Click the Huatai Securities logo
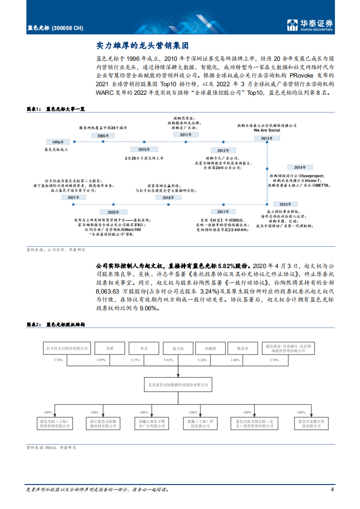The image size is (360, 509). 311,25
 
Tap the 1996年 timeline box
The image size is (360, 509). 58,142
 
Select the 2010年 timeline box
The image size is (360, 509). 141,149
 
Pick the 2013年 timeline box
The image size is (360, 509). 267,138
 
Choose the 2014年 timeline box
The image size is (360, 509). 296,167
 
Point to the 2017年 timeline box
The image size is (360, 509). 223,212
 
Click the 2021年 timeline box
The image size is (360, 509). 73,198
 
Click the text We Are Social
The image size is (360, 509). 267,130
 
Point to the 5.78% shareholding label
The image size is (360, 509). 58,360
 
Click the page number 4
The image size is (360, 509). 332,489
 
